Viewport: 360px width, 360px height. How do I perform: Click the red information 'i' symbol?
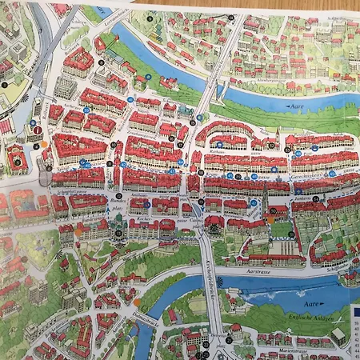coord(37,130)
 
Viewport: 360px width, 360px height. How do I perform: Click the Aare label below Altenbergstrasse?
coord(297,105)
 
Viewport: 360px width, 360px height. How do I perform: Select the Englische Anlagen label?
coord(317,318)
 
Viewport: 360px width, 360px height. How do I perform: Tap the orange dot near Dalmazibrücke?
coord(137,302)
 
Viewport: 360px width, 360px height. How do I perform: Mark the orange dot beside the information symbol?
coord(46,144)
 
